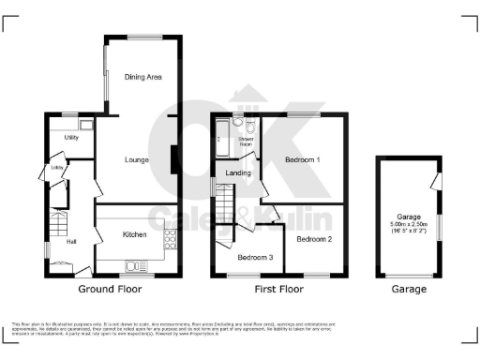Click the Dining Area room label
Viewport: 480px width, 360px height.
[138, 77]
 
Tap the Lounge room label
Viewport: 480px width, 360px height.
[138, 160]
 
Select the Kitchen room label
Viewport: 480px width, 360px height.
[133, 234]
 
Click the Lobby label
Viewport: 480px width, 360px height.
[57, 169]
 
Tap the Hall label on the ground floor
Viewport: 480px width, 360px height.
[70, 242]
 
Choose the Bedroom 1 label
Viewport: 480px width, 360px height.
[303, 160]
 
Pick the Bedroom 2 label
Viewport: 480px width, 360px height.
[315, 239]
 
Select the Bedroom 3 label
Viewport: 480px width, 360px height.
[255, 258]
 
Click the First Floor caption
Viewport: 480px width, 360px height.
[278, 290]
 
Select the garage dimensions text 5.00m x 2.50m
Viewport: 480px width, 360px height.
[409, 225]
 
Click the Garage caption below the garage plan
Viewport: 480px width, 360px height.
[409, 290]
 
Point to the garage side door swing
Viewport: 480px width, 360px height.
[434, 179]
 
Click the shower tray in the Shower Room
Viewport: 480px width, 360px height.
[221, 143]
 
